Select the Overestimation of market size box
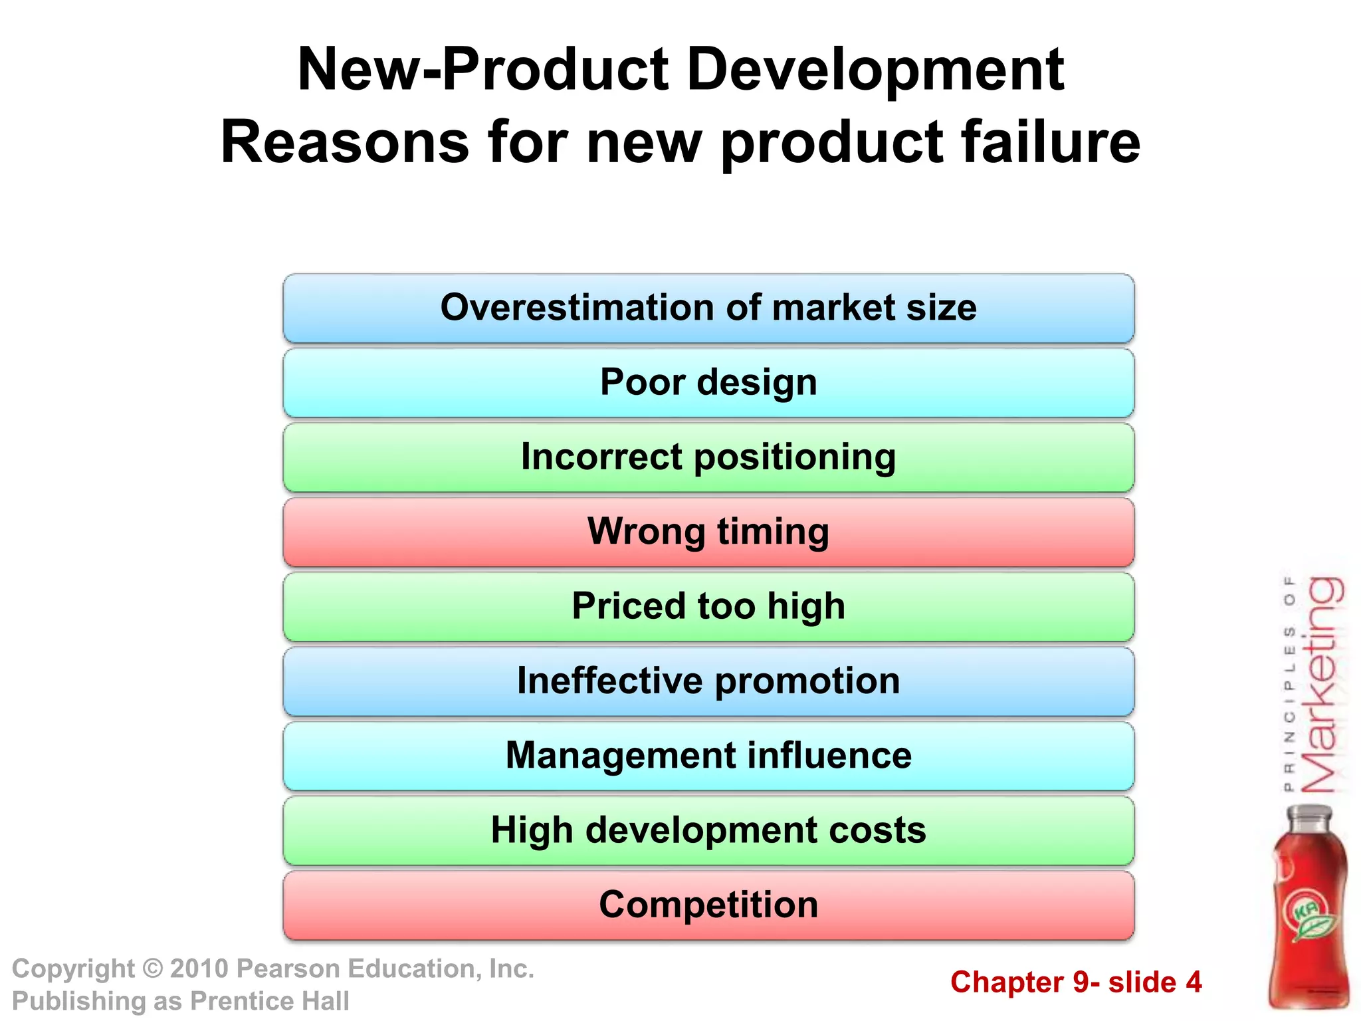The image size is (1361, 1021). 708,308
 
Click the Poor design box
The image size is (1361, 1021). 708,383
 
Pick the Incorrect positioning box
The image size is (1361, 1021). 708,457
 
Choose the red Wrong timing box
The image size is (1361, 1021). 708,532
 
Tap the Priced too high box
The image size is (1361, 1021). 708,607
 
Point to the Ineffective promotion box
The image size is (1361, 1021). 708,681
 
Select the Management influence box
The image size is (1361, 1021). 708,756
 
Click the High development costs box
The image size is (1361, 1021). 708,830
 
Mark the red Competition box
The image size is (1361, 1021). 708,905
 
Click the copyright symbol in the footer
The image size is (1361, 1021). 153,969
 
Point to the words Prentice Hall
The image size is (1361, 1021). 269,1001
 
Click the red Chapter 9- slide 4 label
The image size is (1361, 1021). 1076,982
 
